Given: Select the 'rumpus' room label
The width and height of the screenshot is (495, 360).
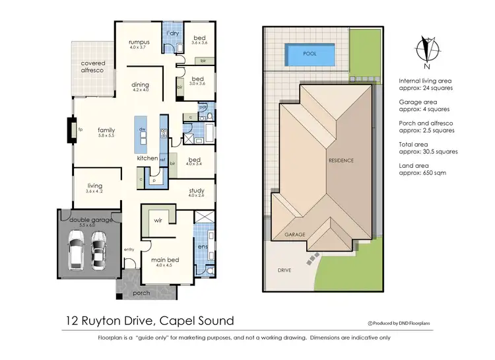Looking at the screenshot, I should [139, 42].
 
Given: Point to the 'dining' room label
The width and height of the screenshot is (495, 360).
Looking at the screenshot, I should [141, 85].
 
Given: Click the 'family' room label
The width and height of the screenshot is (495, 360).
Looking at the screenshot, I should [106, 130].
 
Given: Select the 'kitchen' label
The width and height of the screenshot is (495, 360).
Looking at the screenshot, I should [147, 159].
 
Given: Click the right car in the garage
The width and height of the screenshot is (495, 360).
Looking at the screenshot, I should [98, 251].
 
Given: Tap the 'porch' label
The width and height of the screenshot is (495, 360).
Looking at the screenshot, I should [141, 293].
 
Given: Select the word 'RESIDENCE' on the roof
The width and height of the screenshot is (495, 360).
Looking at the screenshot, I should [341, 161].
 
